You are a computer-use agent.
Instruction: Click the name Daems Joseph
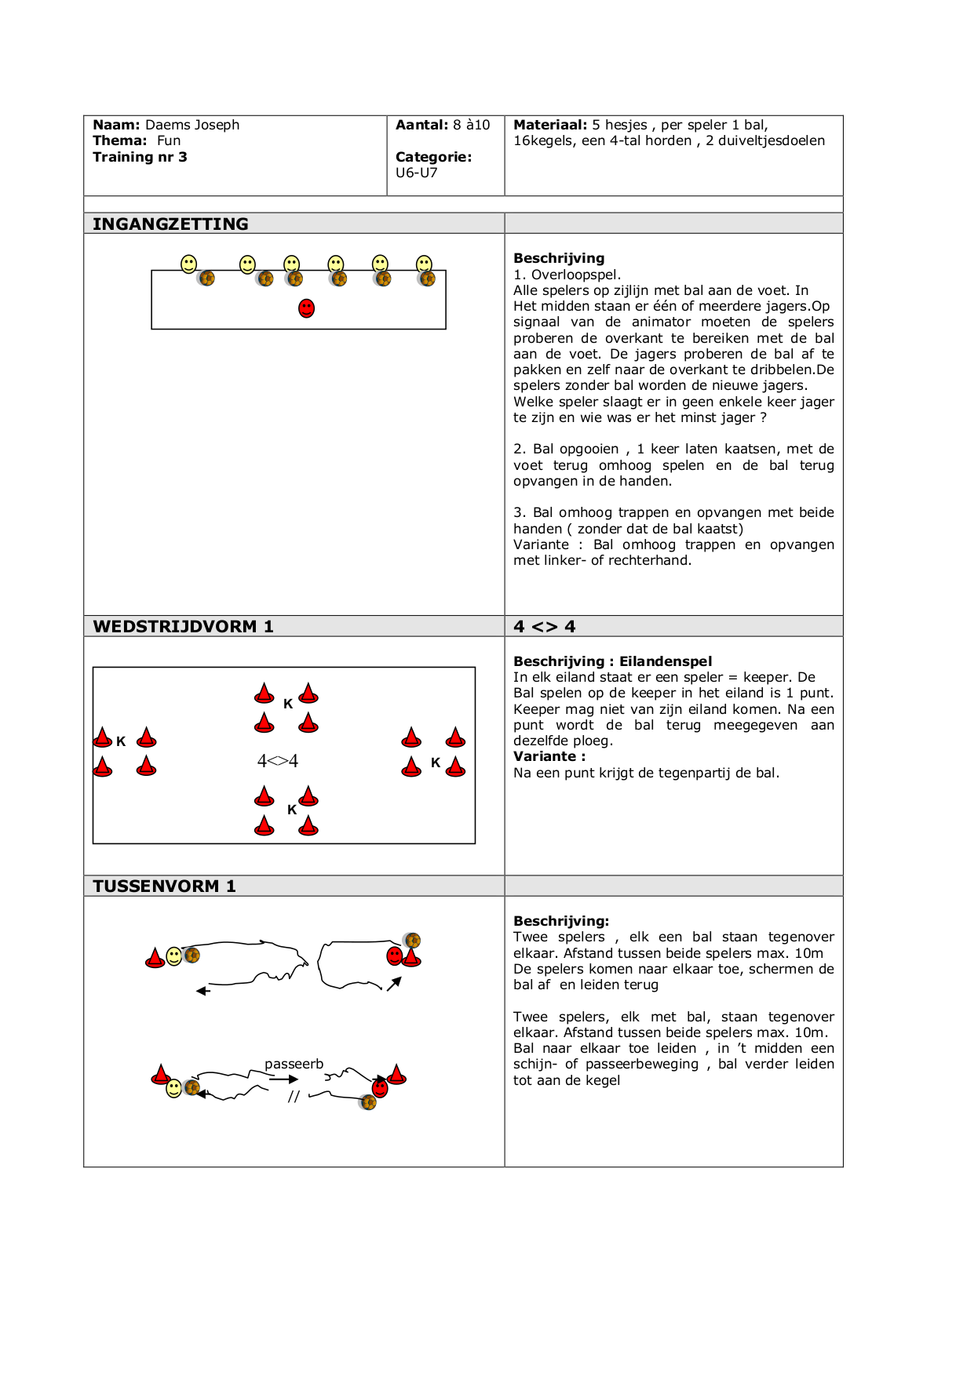pos(192,125)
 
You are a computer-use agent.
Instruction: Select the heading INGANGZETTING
pos(170,224)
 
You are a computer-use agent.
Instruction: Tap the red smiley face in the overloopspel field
pos(307,308)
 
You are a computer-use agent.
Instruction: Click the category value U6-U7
pos(416,173)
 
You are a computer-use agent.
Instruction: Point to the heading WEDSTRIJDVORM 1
pos(183,626)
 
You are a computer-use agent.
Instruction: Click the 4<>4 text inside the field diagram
pos(278,761)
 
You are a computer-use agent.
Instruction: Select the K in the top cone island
pos(288,704)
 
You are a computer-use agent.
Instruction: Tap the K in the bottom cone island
pos(292,810)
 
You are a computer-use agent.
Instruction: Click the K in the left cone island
pos(121,741)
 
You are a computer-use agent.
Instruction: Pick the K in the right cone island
pos(436,763)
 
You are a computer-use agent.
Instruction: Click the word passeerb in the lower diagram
pos(294,1064)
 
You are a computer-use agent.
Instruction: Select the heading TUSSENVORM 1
pos(164,886)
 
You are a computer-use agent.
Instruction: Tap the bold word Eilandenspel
pos(666,661)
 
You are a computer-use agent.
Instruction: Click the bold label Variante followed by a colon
pos(549,756)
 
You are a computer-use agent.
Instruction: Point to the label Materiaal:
pos(550,125)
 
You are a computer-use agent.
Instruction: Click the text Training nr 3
pos(140,157)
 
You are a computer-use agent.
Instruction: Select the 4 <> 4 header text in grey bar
pos(544,626)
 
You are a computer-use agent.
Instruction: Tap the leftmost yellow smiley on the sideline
pos(189,264)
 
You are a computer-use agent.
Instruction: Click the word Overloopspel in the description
pos(575,275)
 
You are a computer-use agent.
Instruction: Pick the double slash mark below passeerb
pos(294,1097)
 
